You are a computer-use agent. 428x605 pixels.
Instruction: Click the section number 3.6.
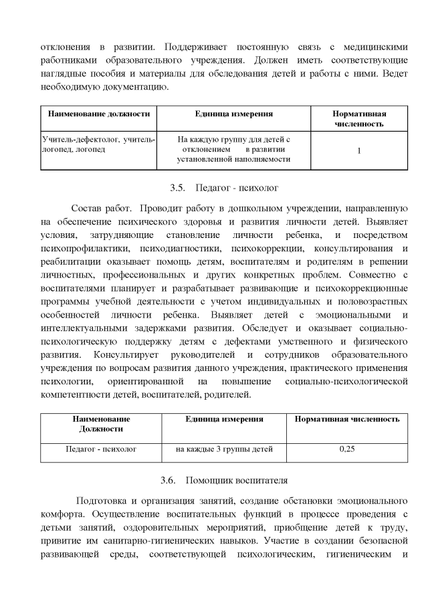click(168, 480)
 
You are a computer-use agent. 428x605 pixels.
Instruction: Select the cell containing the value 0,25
click(346, 449)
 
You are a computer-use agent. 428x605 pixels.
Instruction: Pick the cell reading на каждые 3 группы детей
click(224, 449)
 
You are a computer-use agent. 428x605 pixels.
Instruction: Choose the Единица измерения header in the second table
click(224, 419)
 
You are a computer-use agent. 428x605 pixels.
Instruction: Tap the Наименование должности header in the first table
click(98, 114)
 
